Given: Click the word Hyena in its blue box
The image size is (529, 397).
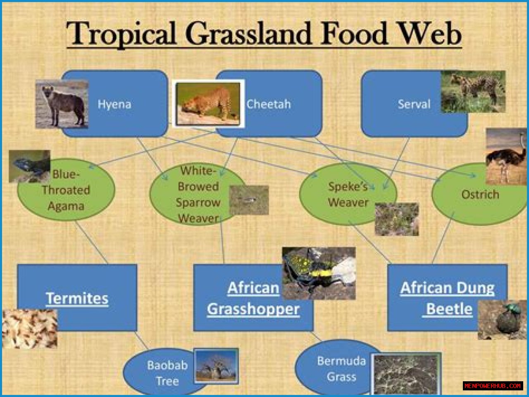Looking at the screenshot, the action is [114, 104].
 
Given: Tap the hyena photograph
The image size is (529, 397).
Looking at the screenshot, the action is [62, 104].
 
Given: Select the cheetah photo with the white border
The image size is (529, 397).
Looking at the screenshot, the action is [208, 103].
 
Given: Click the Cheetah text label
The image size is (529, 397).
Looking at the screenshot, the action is [269, 104].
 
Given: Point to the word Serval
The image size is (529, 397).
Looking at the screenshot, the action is [414, 104].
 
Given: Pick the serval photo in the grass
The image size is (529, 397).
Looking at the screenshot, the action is [473, 91].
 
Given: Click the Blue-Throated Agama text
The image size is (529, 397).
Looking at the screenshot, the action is [66, 190].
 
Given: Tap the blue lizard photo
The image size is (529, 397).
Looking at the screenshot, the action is [30, 166].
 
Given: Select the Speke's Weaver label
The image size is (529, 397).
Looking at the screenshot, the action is [348, 195].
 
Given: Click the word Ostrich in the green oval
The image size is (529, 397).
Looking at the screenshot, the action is [480, 195].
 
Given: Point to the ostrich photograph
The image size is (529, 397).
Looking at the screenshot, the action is [506, 156].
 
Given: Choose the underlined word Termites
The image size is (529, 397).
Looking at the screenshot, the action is [77, 298].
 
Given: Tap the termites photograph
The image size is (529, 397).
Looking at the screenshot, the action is [30, 329].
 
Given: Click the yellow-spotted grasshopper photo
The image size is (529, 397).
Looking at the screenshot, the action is [319, 273].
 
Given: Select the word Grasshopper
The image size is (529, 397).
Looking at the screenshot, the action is [253, 309].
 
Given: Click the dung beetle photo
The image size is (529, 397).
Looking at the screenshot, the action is [502, 320].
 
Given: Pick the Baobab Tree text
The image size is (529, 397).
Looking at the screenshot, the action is [167, 373].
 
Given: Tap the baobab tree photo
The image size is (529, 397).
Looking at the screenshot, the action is [216, 366].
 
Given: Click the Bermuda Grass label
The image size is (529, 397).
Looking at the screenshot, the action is [341, 369].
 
